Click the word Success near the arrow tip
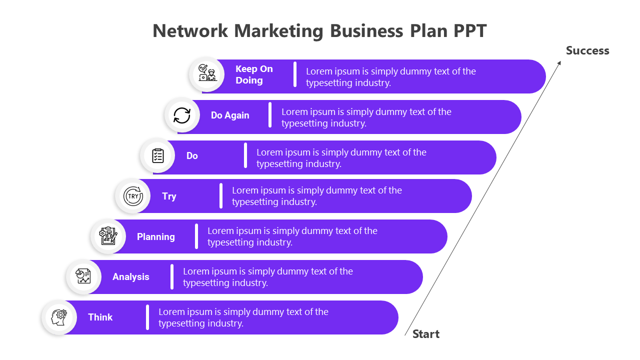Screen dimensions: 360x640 (587, 50)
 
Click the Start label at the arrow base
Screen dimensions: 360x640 (426, 334)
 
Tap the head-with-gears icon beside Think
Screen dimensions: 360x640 (59, 317)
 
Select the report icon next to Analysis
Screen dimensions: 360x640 (83, 277)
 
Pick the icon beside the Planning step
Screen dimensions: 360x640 (108, 236)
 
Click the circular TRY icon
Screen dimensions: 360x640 (133, 196)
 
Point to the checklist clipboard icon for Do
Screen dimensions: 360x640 (157, 155)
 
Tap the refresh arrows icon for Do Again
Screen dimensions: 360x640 (182, 115)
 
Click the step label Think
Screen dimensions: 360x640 (100, 317)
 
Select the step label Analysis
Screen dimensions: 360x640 (130, 277)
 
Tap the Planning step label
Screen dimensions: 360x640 (156, 236)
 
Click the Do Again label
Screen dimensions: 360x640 (230, 115)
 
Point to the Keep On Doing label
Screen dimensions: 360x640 (254, 74)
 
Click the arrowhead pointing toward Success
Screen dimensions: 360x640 (559, 62)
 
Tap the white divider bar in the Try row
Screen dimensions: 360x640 (221, 196)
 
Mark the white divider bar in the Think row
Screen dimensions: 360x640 (147, 317)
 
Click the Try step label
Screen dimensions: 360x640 (169, 196)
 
